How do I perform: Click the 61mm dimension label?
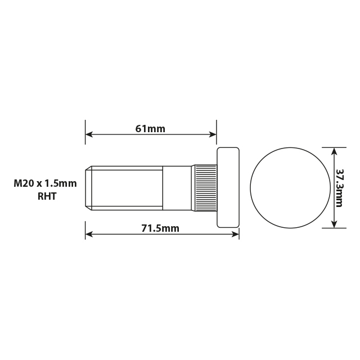[150, 129]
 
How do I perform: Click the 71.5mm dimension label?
[160, 228]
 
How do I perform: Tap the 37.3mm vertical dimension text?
[339, 188]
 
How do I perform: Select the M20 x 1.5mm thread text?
[45, 183]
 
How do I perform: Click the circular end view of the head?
[290, 188]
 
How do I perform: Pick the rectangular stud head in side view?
[228, 187]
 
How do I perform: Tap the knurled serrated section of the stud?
[206, 187]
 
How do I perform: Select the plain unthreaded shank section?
[177, 188]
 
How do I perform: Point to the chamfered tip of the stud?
[88, 188]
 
